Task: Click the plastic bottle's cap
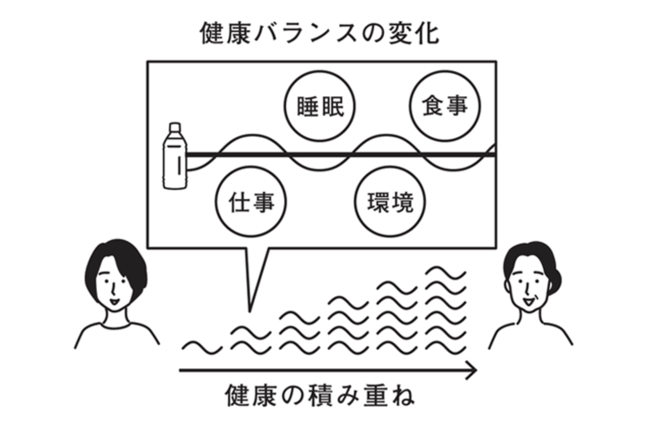tap(175, 127)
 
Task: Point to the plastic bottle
tap(175, 156)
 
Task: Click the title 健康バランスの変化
tap(320, 33)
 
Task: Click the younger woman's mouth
tap(114, 302)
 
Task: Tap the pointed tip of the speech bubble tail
tap(250, 311)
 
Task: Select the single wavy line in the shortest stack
tap(202, 348)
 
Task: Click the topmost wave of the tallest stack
tap(446, 273)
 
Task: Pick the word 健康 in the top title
tap(225, 33)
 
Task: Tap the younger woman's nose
tap(113, 290)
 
